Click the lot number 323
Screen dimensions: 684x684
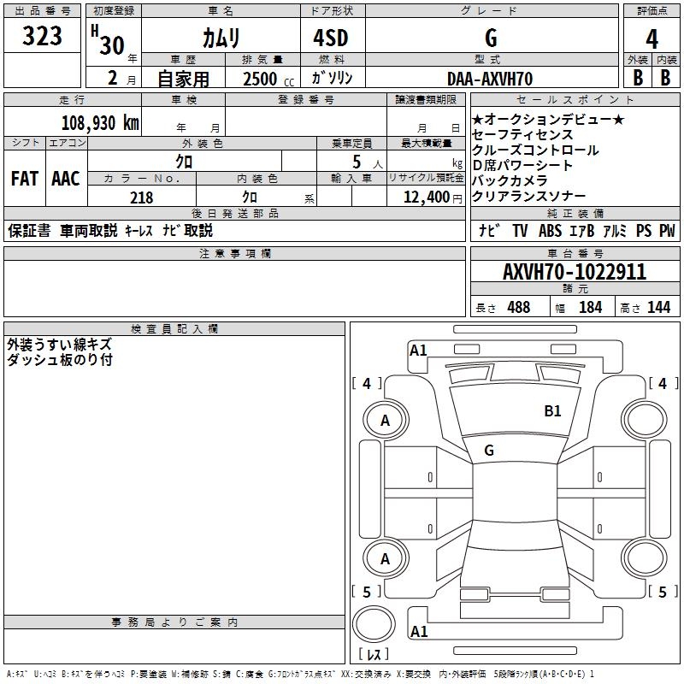coord(43,36)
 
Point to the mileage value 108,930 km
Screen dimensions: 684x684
coord(100,122)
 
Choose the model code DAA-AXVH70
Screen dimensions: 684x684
coord(490,79)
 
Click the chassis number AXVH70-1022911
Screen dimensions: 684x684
coord(574,273)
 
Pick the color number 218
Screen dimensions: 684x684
coord(141,198)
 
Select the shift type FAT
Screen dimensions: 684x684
coord(24,179)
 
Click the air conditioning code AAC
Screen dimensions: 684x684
coord(65,179)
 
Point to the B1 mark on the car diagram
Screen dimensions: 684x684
coord(553,411)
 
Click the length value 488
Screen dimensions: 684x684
coord(518,308)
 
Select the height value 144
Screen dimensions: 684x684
coord(658,308)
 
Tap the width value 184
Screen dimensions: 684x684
coord(591,308)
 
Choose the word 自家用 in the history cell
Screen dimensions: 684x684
coord(183,79)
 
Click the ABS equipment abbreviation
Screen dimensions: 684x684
coord(551,231)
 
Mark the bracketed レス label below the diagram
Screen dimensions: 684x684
coord(373,656)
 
